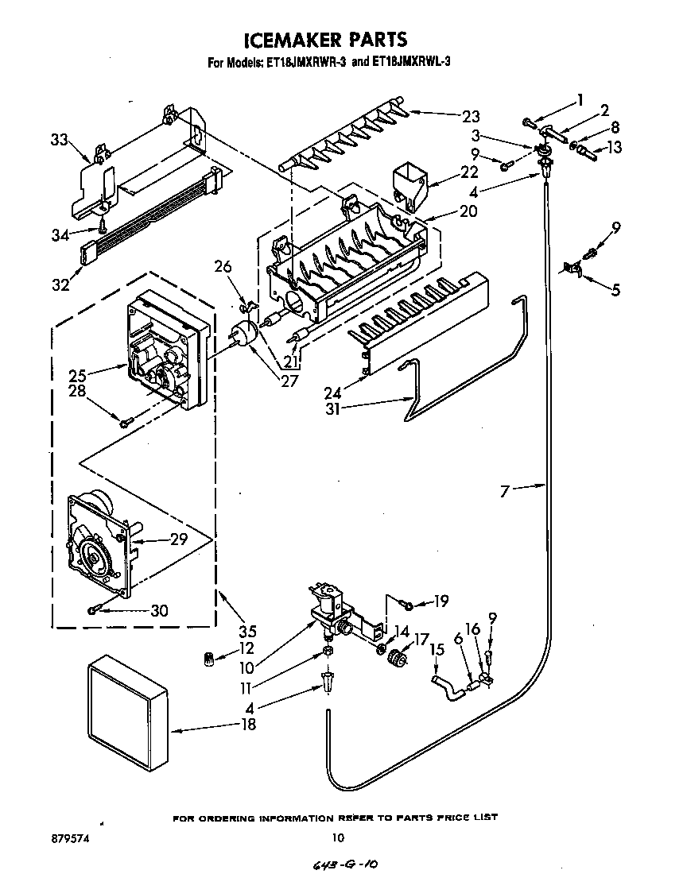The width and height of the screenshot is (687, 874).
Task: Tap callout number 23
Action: tap(470, 115)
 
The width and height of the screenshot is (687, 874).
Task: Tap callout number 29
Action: tap(179, 539)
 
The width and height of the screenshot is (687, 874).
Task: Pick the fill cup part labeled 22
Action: tap(408, 182)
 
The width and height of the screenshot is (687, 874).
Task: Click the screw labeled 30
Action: tap(94, 609)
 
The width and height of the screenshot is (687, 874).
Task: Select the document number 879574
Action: tap(49, 837)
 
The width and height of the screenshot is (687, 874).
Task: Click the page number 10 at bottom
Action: tap(338, 837)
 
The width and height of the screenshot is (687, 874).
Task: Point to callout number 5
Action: tap(615, 291)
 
